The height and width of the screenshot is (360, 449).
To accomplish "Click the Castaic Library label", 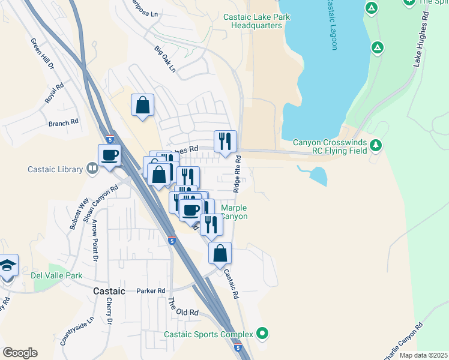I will (x=55, y=169).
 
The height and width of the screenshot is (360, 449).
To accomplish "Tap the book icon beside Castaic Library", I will (x=92, y=169).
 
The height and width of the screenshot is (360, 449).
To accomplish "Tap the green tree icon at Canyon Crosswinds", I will (x=376, y=145).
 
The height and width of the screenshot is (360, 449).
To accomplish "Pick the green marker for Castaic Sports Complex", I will (x=262, y=333).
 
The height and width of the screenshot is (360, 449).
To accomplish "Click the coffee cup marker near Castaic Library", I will (x=110, y=155).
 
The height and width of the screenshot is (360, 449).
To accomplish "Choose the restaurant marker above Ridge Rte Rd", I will (x=226, y=142).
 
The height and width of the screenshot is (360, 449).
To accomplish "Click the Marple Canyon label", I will (x=234, y=212).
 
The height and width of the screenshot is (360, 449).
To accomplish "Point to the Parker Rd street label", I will (x=150, y=291).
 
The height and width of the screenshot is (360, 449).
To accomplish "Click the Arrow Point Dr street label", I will (x=95, y=241).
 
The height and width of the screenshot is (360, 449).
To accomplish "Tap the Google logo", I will (x=20, y=353).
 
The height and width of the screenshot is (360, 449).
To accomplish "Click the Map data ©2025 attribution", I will (x=423, y=355).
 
